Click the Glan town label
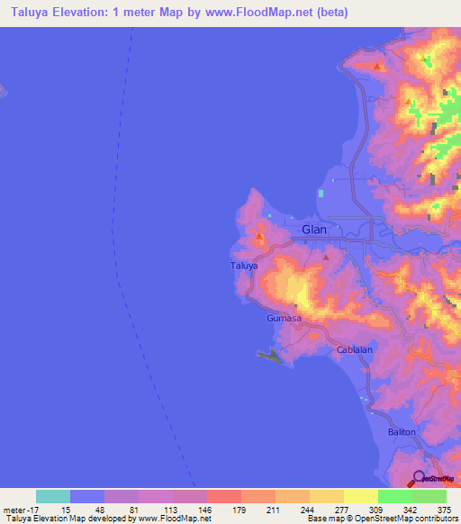tap(314, 230)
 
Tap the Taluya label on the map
tap(244, 267)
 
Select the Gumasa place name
tap(283, 319)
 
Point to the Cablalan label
tap(354, 349)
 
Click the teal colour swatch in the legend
tap(53, 496)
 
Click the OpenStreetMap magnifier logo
tap(419, 478)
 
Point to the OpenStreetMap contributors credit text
tap(397, 519)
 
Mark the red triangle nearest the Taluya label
tap(259, 239)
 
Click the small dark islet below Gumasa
tap(271, 358)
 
